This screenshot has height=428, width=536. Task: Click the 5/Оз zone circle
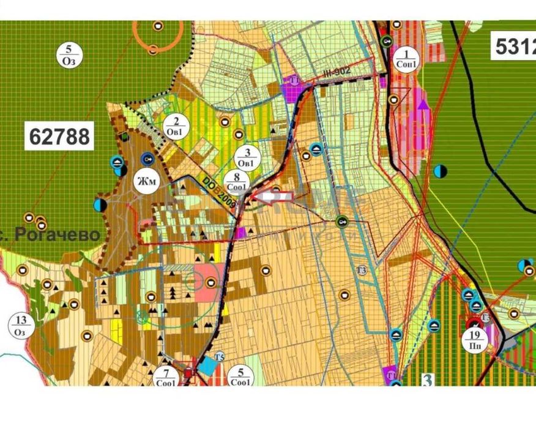(69, 55)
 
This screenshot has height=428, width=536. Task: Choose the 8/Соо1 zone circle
(235, 182)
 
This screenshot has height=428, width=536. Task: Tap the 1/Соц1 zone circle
(406, 59)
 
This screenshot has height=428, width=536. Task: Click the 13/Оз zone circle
(21, 325)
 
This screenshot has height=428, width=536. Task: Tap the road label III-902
(337, 72)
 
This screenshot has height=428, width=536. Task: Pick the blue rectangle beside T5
(209, 367)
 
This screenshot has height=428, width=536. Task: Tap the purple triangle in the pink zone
(423, 102)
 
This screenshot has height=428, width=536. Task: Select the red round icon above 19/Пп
(474, 323)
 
